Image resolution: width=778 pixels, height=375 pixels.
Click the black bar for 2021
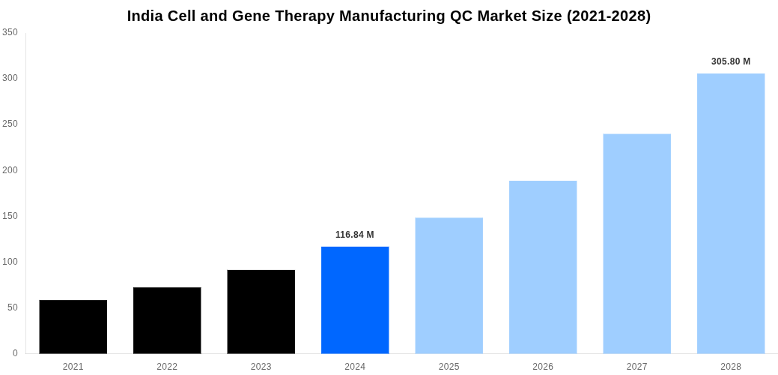tap(73, 327)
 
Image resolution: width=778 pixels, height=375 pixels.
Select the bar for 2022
tap(167, 320)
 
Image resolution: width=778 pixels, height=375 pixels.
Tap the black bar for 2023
tap(261, 312)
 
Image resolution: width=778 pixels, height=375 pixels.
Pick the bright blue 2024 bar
tap(355, 300)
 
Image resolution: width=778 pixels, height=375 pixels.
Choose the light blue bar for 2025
tap(449, 286)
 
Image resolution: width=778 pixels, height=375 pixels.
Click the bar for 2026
tap(543, 267)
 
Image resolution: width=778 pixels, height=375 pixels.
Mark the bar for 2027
tap(637, 244)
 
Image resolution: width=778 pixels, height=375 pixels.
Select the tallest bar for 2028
tap(731, 214)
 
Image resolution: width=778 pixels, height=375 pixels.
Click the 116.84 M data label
tap(355, 235)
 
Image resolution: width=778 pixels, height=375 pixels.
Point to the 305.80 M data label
tap(731, 61)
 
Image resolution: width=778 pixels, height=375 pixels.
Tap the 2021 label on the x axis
tap(73, 367)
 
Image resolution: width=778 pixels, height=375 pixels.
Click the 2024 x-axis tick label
tap(355, 367)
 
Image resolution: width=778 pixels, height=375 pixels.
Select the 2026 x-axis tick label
tap(543, 367)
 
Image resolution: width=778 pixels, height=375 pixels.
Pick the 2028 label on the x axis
tap(731, 367)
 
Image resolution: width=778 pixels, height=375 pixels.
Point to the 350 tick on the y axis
tap(10, 32)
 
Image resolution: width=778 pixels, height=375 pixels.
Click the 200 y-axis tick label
tap(10, 170)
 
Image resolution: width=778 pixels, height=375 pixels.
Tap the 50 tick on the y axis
tap(12, 307)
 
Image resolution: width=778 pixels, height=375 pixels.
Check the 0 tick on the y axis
tap(15, 353)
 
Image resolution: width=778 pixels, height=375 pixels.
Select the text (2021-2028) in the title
tap(609, 16)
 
